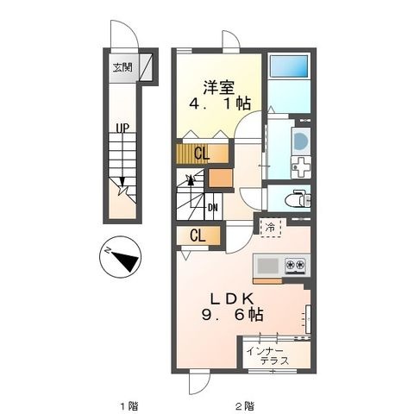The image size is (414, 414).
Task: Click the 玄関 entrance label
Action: (x=122, y=67)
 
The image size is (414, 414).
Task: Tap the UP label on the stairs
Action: (x=122, y=128)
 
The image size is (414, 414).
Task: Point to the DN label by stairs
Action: (x=212, y=207)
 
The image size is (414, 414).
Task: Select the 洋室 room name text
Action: (x=218, y=88)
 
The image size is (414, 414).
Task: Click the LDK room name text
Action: (x=232, y=299)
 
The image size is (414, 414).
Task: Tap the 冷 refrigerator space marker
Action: (x=271, y=228)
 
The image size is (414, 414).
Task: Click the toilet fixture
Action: (x=298, y=198)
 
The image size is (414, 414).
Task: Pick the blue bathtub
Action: (x=289, y=66)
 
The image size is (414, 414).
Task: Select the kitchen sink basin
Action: (x=267, y=266)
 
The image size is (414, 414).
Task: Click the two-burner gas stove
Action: (x=294, y=266)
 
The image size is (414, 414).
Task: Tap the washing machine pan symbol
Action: (x=301, y=167)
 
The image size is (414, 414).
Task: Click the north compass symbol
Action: (x=120, y=257)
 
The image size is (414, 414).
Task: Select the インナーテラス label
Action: (x=268, y=356)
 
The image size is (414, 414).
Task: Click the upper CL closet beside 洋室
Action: (x=202, y=154)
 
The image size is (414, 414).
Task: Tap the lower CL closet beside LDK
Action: (x=198, y=235)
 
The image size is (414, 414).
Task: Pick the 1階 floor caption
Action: (x=129, y=406)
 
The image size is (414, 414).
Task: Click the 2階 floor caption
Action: (x=245, y=406)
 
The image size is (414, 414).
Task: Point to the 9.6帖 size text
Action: (x=232, y=316)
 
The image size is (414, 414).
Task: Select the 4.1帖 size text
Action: (x=219, y=103)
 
